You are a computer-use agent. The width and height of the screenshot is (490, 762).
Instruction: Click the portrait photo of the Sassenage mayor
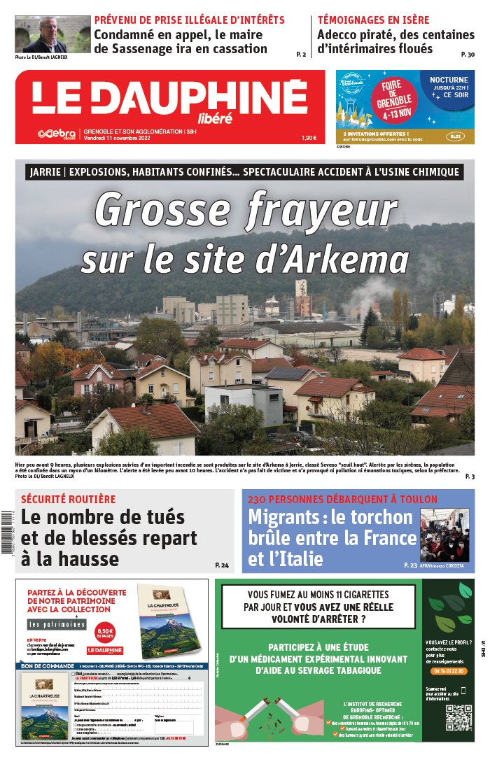coord(52,34)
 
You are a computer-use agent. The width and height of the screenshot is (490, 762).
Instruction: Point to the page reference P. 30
coord(468,55)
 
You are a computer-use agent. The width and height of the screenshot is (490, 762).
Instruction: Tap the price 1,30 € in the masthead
coord(308,138)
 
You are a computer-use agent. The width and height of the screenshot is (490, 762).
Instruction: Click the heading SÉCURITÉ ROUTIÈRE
coord(68,500)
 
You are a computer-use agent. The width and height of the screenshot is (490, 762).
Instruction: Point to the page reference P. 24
coord(222,565)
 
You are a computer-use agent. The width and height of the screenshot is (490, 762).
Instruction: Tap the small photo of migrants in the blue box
coord(444,535)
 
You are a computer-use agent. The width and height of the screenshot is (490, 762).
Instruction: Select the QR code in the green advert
coord(459,718)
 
